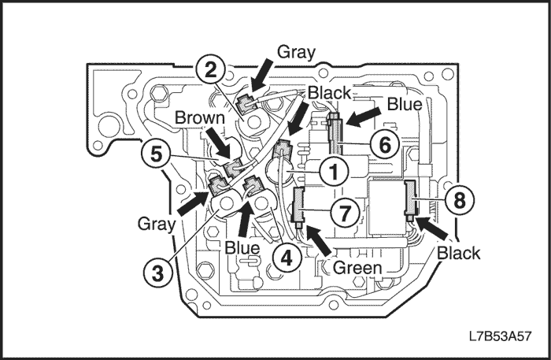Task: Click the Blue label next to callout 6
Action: pos(405,103)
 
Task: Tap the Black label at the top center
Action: pos(329,93)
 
